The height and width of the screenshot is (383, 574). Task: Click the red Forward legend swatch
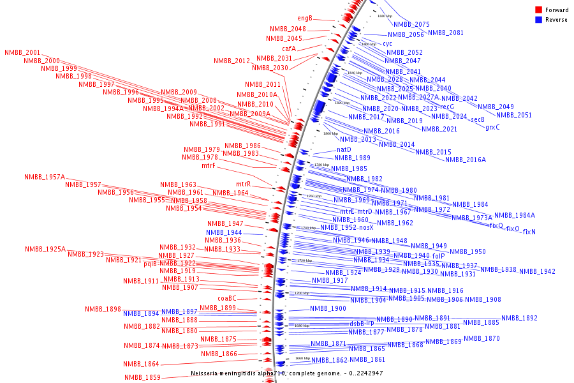coord(538,10)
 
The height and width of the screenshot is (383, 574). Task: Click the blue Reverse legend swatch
coord(538,20)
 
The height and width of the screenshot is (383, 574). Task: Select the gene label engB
coord(305,18)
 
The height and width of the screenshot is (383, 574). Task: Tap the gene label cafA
coord(289,49)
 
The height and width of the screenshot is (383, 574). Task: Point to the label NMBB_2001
coord(22,52)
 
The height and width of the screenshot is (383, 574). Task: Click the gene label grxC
coord(492,127)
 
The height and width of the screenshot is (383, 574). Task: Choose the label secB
coord(477,119)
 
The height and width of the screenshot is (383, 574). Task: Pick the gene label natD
coord(344,149)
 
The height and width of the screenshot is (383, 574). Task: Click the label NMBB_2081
coord(446,33)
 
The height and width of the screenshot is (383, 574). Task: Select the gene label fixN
coord(529,232)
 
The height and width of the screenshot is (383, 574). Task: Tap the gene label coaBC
coord(227,298)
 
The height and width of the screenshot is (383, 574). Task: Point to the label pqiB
coord(150,264)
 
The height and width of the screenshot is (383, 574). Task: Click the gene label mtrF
coord(209,166)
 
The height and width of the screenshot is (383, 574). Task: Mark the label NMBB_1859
coord(142,377)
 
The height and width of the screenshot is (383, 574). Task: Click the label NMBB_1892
coord(519,318)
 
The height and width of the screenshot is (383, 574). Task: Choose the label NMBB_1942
coord(537,271)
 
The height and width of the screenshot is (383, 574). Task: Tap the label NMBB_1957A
coord(45,177)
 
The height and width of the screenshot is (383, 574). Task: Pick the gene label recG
coord(447,107)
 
